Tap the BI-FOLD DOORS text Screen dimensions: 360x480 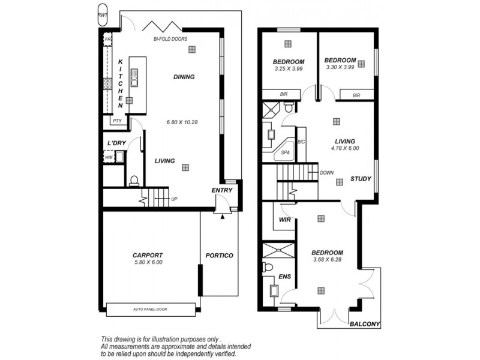click(x=170, y=39)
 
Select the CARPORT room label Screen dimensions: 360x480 click(x=148, y=255)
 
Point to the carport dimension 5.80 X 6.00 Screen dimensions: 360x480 click(x=148, y=262)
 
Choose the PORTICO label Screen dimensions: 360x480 click(x=219, y=256)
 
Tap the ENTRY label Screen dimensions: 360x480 click(x=221, y=191)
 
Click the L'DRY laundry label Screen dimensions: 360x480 click(x=116, y=143)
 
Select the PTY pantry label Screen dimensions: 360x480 click(x=116, y=121)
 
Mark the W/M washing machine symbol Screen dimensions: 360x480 click(x=109, y=158)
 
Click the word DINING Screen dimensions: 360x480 click(x=184, y=77)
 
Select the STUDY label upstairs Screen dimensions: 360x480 click(x=361, y=179)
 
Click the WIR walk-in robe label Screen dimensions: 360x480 click(x=285, y=220)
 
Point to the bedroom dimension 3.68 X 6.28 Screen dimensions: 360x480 click(x=328, y=260)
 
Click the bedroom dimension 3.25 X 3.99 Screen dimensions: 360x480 click(x=288, y=69)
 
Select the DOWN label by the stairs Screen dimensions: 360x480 click(x=327, y=172)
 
